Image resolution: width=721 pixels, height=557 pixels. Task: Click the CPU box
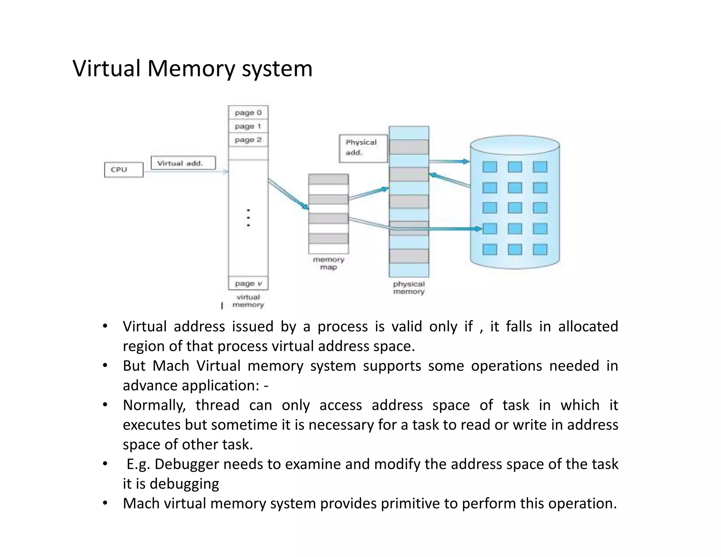124,170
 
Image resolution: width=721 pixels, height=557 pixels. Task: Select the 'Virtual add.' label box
183,163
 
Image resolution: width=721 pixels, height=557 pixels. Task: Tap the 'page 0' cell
248,113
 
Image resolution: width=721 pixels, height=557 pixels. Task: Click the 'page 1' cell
248,126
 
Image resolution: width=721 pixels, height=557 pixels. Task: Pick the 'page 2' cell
248,140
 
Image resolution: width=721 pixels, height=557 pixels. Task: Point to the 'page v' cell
248,283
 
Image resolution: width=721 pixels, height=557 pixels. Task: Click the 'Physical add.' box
363,149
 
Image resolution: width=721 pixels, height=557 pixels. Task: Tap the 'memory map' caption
328,263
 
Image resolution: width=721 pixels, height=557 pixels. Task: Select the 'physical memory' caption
409,288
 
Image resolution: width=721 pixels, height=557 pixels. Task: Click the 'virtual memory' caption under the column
248,301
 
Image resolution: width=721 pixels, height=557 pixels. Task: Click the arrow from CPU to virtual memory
186,172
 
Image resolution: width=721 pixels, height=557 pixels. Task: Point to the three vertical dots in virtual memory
248,218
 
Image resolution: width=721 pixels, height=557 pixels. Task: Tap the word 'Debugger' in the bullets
187,464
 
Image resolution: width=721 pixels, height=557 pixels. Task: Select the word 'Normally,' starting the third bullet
154,405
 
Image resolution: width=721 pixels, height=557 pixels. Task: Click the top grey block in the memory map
328,179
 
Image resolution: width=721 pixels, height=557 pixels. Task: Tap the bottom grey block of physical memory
409,256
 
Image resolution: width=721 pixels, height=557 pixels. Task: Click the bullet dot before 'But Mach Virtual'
105,365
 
